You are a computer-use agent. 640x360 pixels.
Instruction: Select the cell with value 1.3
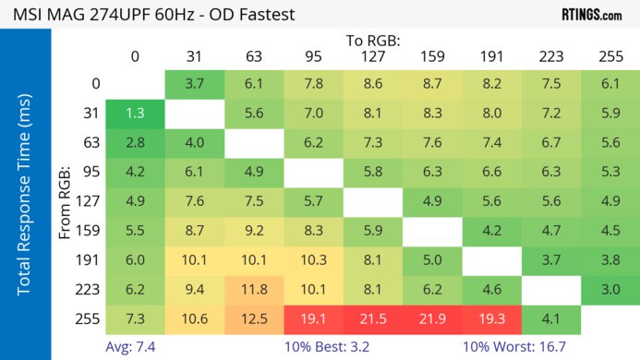135,114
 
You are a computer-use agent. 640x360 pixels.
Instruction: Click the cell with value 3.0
609,290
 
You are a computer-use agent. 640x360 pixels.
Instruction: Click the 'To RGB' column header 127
371,56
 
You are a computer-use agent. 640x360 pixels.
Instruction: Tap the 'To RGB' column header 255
609,56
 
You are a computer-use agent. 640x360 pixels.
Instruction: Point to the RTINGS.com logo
591,15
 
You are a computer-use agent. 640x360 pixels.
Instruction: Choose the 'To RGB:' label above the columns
372,41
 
